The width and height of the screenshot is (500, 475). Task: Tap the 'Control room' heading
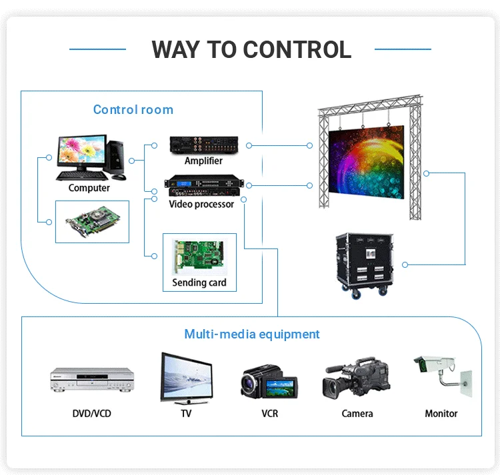pyautogui.click(x=133, y=110)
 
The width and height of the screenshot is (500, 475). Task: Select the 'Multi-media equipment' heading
pyautogui.click(x=252, y=334)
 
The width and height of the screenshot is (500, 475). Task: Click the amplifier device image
pyautogui.click(x=203, y=144)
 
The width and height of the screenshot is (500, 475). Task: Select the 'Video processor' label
pyautogui.click(x=201, y=204)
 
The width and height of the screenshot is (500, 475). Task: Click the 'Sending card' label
pyautogui.click(x=199, y=282)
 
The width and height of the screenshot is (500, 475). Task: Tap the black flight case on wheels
pyautogui.click(x=365, y=262)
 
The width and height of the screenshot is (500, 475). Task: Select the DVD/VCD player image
pyautogui.click(x=92, y=380)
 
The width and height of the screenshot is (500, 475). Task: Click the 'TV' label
pyautogui.click(x=186, y=414)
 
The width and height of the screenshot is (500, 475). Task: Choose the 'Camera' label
pyautogui.click(x=357, y=414)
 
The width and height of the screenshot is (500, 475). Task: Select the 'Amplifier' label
pyautogui.click(x=203, y=161)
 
